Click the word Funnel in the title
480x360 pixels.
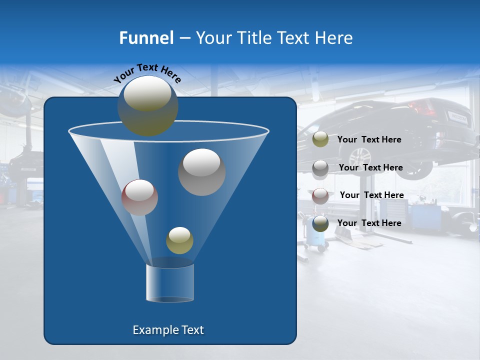pyautogui.click(x=146, y=38)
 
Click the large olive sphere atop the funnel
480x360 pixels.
pyautogui.click(x=148, y=105)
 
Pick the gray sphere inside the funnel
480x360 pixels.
pyautogui.click(x=202, y=172)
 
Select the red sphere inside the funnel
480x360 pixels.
pyautogui.click(x=140, y=197)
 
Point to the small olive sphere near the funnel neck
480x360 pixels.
pyautogui.click(x=179, y=240)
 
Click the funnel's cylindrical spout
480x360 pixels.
pyautogui.click(x=170, y=282)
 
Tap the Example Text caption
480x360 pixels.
pyautogui.click(x=168, y=330)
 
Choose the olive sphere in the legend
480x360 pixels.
pyautogui.click(x=320, y=139)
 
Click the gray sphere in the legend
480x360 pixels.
pyautogui.click(x=320, y=168)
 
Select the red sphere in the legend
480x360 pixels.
pyautogui.click(x=320, y=195)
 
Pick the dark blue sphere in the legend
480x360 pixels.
pyautogui.click(x=320, y=223)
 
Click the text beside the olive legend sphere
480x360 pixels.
pyautogui.click(x=369, y=140)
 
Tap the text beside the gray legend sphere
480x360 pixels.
pyautogui.click(x=370, y=168)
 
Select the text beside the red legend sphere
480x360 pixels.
pyautogui.click(x=371, y=195)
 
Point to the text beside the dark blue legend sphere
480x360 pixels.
pyautogui.click(x=369, y=223)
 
